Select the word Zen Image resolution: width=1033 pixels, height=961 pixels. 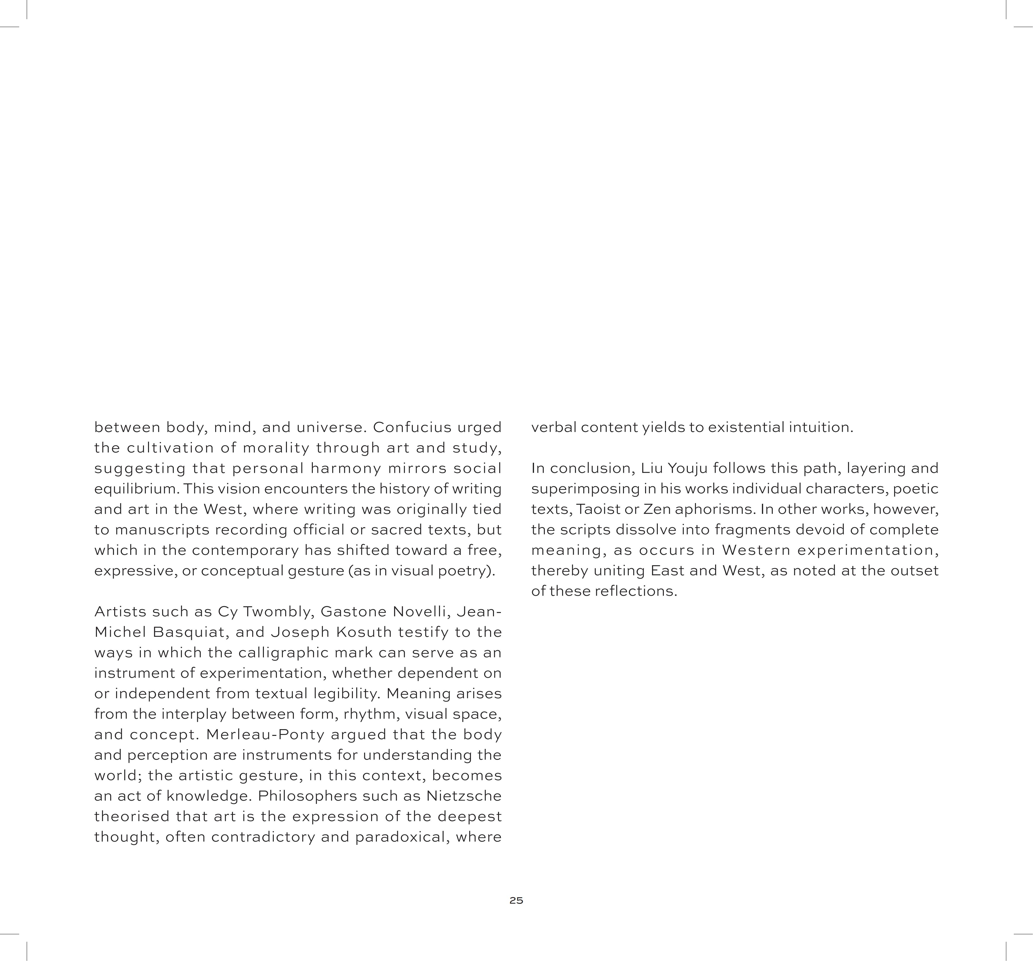657,509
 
